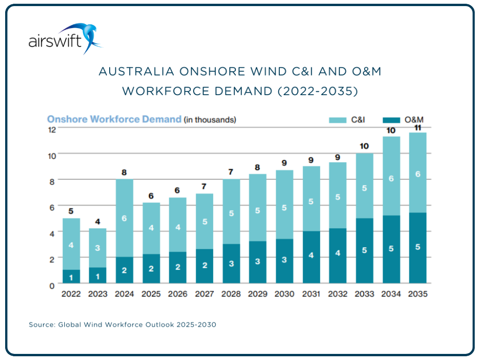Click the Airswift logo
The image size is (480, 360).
click(65, 39)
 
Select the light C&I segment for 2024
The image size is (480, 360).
click(124, 218)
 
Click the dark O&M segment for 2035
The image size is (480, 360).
click(418, 248)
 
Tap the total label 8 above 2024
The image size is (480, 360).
click(124, 172)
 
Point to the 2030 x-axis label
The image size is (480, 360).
click(285, 294)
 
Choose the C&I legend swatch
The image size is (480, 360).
click(337, 120)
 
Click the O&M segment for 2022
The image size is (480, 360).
click(71, 277)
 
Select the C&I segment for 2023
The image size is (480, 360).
click(97, 248)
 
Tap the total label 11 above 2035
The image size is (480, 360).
click(418, 127)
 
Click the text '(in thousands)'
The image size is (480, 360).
click(210, 120)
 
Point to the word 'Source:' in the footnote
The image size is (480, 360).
click(42, 324)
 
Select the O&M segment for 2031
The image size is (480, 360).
click(311, 257)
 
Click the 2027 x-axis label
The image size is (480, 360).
click(204, 294)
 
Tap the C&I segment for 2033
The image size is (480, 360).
click(364, 186)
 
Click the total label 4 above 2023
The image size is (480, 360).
click(97, 221)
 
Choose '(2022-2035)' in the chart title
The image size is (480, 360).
click(317, 91)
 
